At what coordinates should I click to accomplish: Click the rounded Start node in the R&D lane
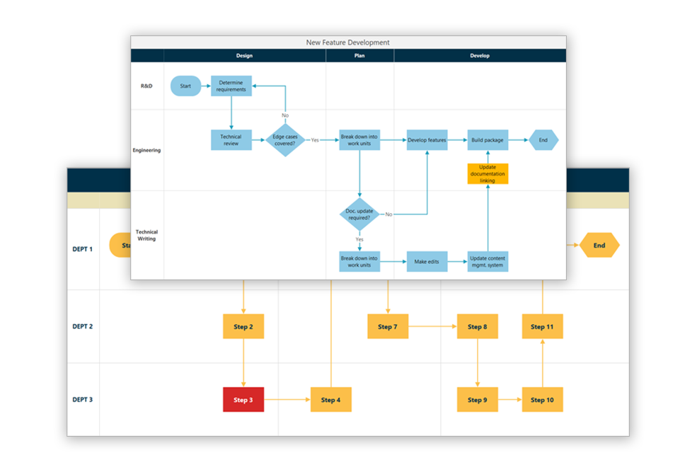pyautogui.click(x=185, y=86)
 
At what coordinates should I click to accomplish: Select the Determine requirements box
pyautogui.click(x=231, y=86)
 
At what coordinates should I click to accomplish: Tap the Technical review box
pyautogui.click(x=231, y=140)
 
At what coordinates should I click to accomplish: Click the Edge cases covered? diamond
pyautogui.click(x=285, y=140)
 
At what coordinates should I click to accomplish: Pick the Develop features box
pyautogui.click(x=427, y=140)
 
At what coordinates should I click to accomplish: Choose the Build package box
pyautogui.click(x=488, y=140)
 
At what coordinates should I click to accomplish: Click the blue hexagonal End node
pyautogui.click(x=543, y=140)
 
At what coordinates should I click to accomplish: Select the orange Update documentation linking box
pyautogui.click(x=488, y=173)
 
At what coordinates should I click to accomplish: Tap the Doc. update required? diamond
pyautogui.click(x=359, y=214)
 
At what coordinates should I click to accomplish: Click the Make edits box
pyautogui.click(x=427, y=261)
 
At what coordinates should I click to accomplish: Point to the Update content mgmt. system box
pyautogui.click(x=488, y=261)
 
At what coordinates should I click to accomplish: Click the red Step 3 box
pyautogui.click(x=243, y=400)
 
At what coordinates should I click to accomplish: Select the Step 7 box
pyautogui.click(x=388, y=326)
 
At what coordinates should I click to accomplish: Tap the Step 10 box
pyautogui.click(x=542, y=400)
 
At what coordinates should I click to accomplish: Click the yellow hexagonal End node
pyautogui.click(x=599, y=246)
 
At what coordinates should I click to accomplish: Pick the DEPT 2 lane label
pyautogui.click(x=82, y=326)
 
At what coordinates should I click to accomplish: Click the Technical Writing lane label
pyautogui.click(x=146, y=235)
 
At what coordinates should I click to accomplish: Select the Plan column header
pyautogui.click(x=359, y=55)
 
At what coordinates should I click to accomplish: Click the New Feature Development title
pyautogui.click(x=347, y=42)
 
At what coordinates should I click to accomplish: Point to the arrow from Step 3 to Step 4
pyautogui.click(x=287, y=400)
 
